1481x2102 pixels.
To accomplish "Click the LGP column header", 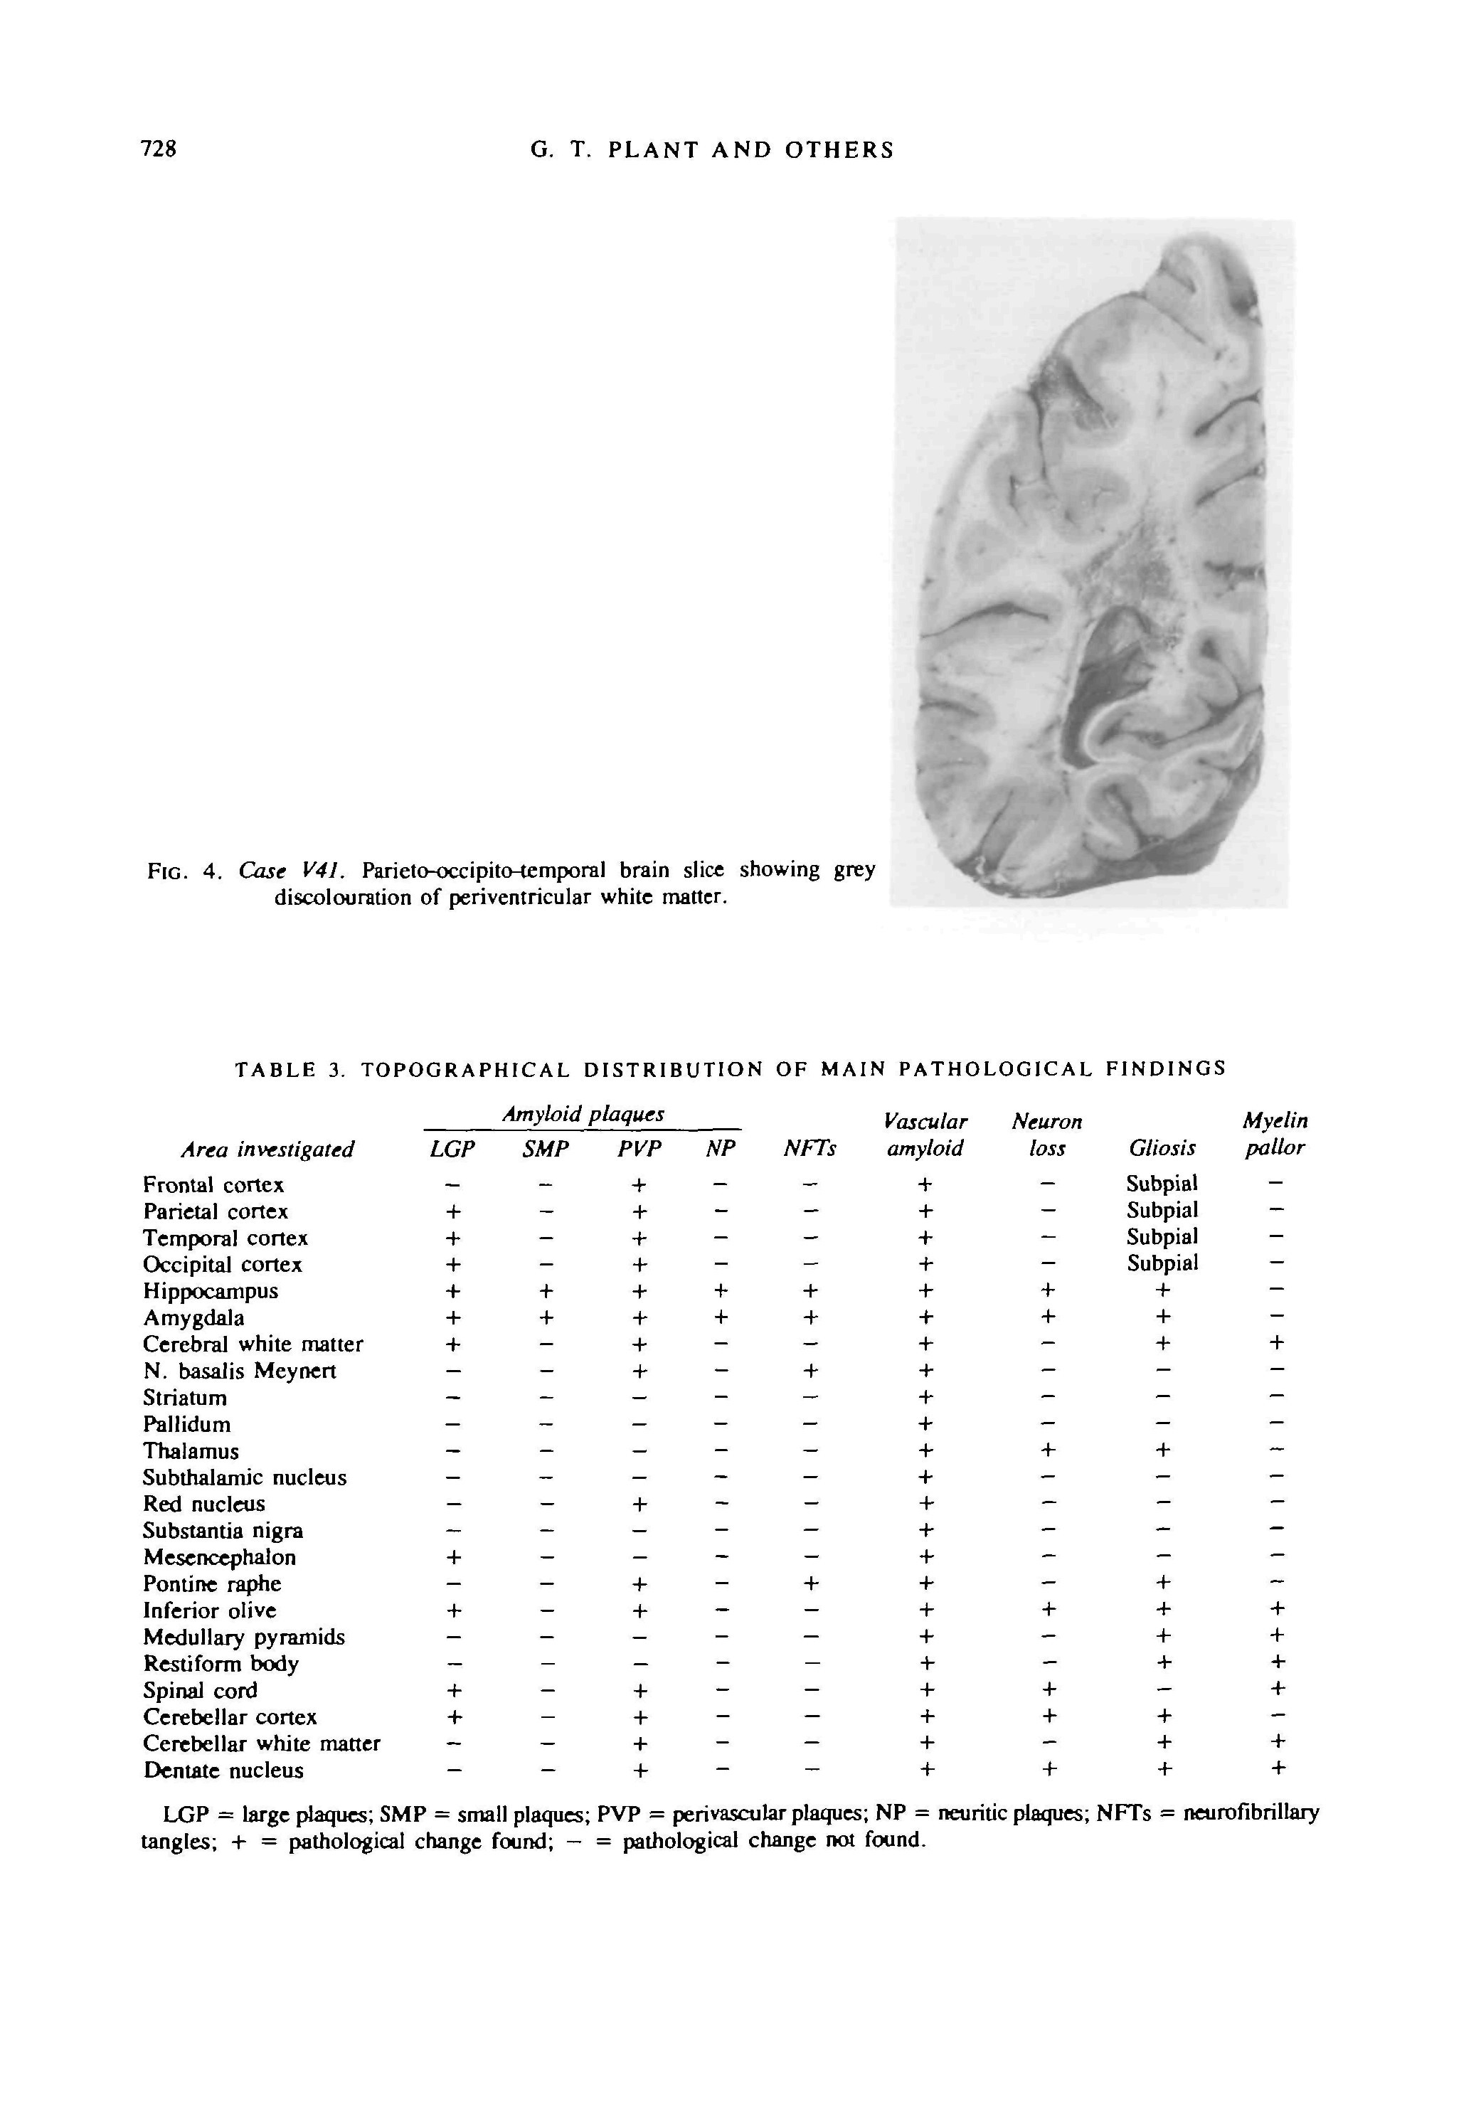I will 452,1149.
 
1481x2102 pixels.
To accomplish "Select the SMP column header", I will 546,1149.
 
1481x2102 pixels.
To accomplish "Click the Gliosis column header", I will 1162,1148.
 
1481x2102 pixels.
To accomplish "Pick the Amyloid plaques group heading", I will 583,1114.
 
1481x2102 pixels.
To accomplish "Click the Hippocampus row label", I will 211,1292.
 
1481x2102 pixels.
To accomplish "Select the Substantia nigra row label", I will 223,1531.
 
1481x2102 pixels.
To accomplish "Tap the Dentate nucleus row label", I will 223,1771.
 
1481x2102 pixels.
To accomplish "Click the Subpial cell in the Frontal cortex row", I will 1162,1184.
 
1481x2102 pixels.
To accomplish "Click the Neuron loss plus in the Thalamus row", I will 1049,1450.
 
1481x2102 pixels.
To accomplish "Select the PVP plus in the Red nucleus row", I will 639,1504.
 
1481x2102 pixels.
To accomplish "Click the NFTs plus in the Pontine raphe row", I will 809,1584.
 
